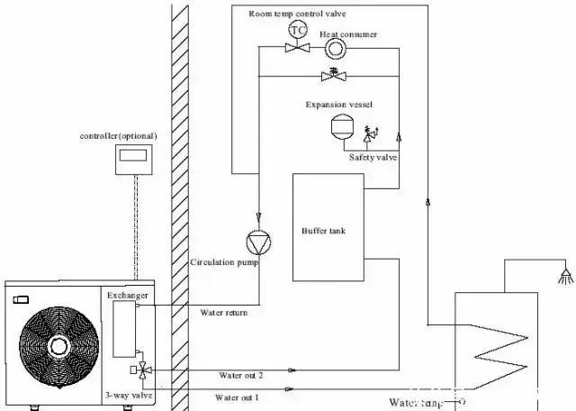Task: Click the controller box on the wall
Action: coord(134,158)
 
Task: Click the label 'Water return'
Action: coord(223,313)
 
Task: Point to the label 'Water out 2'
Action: coord(240,374)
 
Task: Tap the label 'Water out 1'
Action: coord(238,397)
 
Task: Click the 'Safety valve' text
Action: coord(373,157)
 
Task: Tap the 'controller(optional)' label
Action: coord(119,135)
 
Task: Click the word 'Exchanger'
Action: coord(128,295)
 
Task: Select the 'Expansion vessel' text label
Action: coord(339,105)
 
